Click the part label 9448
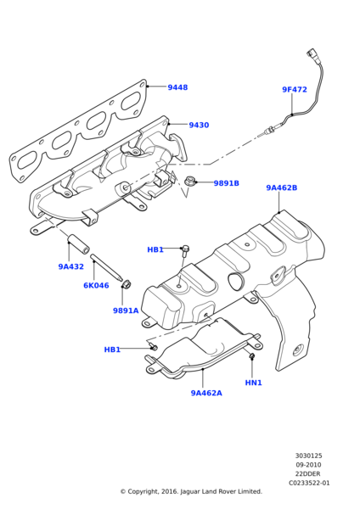[x=177, y=87]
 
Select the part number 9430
[x=199, y=125]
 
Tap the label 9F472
[x=295, y=89]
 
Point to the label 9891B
[x=226, y=183]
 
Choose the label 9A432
[x=70, y=266]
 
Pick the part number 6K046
[x=96, y=285]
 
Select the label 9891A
[x=126, y=310]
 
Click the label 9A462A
[x=206, y=393]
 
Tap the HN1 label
[x=253, y=383]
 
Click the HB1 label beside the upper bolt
[x=155, y=249]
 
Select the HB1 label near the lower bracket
[x=112, y=350]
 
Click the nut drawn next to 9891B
[x=190, y=181]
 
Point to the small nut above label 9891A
[x=127, y=284]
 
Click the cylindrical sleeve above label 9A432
[x=77, y=243]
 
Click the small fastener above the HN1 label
[x=252, y=357]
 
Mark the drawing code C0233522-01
[x=308, y=483]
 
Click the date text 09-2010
[x=308, y=465]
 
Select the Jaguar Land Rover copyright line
[x=190, y=491]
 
